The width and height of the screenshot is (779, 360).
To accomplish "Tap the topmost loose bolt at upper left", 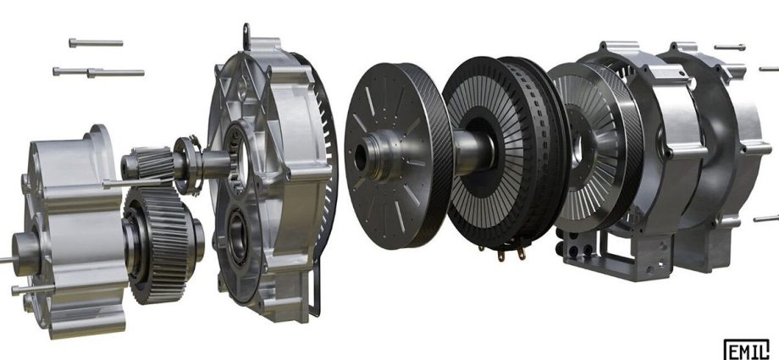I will pyautogui.click(x=96, y=42).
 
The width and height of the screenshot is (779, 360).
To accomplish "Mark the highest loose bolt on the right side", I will pyautogui.click(x=729, y=47).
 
